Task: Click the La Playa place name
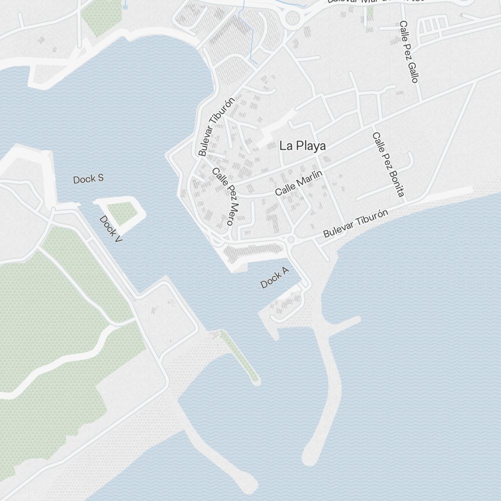[x=303, y=146]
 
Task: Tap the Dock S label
[x=88, y=179]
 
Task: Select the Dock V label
[x=111, y=229]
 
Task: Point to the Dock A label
[x=275, y=278]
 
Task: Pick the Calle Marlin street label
[x=298, y=183]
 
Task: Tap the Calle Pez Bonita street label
[x=388, y=164]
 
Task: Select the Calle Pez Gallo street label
[x=408, y=52]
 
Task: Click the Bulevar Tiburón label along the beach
[x=356, y=223]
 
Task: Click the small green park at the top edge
[x=102, y=17]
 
